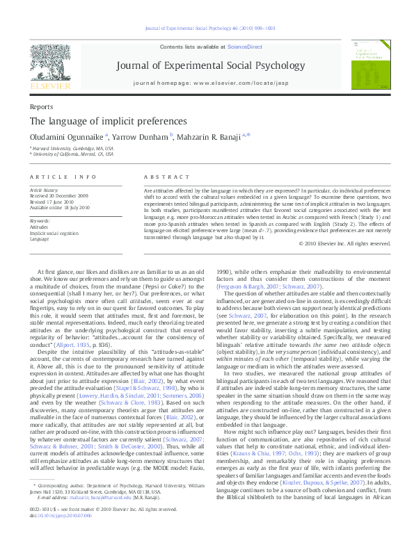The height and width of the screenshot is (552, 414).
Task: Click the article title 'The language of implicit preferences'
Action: [x=96, y=121]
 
